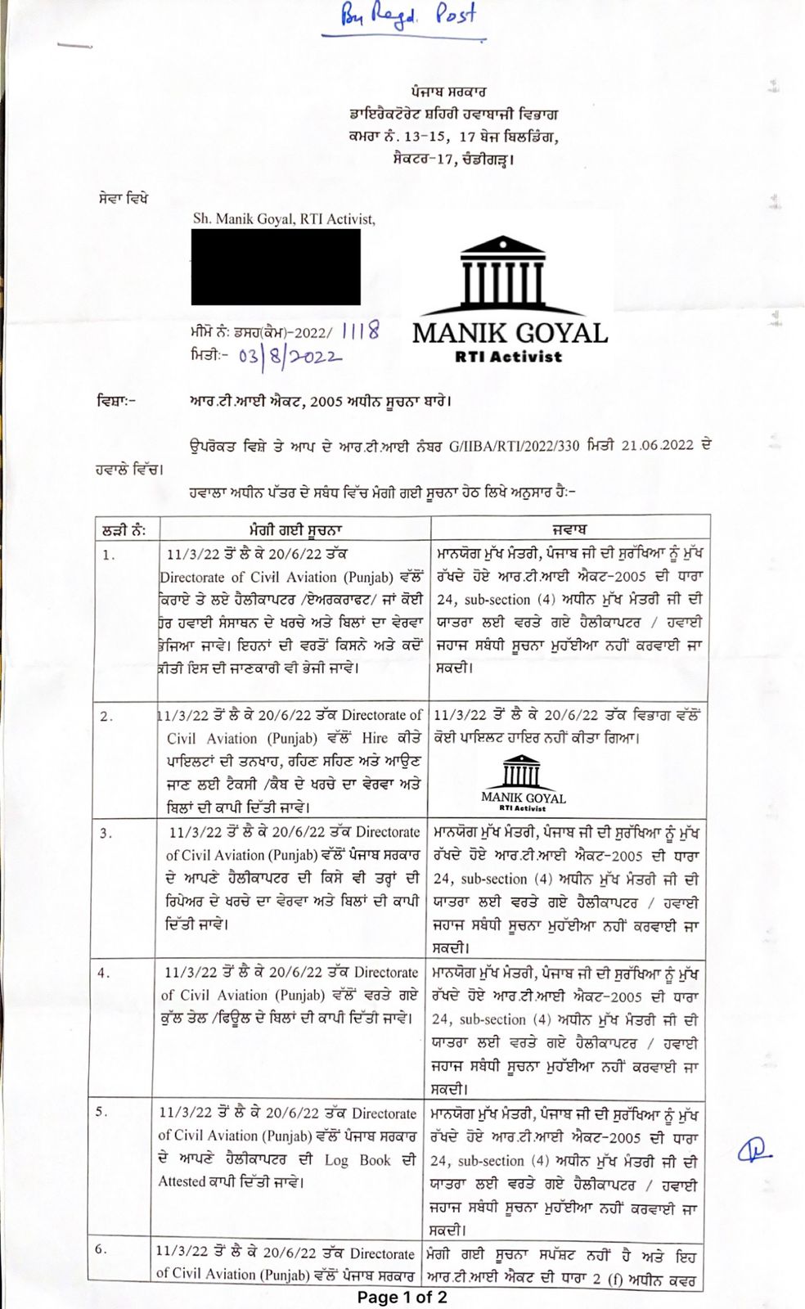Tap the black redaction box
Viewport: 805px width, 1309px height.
click(x=276, y=267)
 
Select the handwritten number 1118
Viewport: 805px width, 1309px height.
click(x=360, y=331)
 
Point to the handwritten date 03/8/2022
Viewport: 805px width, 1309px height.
click(x=290, y=356)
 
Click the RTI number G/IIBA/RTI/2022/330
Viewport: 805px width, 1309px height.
click(x=514, y=446)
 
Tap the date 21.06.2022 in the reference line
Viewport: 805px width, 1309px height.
click(x=657, y=446)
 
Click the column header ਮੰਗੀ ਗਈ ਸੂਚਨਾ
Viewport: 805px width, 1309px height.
click(x=295, y=529)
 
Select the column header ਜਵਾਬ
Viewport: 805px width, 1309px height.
click(x=569, y=529)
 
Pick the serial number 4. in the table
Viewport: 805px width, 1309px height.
click(x=104, y=974)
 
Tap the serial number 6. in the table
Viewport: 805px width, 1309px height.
click(x=101, y=1249)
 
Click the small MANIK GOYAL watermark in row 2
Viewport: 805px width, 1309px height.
click(x=523, y=785)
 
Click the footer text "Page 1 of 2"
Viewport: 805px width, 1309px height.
click(x=402, y=1298)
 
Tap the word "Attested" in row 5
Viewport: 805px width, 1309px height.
click(x=182, y=1181)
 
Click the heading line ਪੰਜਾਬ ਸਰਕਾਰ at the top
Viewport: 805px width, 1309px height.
click(x=448, y=92)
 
